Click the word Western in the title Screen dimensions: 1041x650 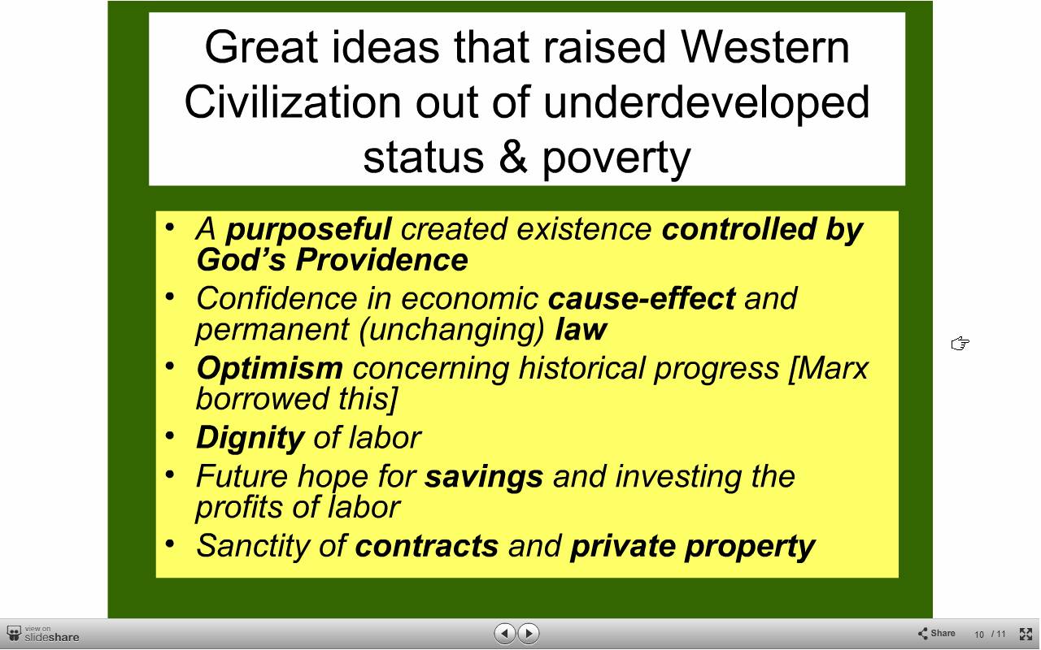tap(765, 47)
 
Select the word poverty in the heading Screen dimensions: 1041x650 tap(616, 160)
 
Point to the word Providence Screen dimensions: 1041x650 tap(382, 259)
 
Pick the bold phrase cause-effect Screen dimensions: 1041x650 tap(642, 298)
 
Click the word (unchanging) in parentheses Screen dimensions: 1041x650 tap(451, 330)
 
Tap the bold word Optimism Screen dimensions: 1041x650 tap(269, 368)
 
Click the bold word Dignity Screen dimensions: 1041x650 tap(250, 438)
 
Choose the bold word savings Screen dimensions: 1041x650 tap(484, 477)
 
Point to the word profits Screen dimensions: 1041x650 tap(239, 507)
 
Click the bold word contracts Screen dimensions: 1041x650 tap(427, 545)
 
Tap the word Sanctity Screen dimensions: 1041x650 tap(253, 546)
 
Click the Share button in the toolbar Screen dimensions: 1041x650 tap(936, 633)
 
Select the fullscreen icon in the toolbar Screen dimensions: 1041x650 tap(1026, 634)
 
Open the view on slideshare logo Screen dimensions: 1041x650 tap(43, 634)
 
